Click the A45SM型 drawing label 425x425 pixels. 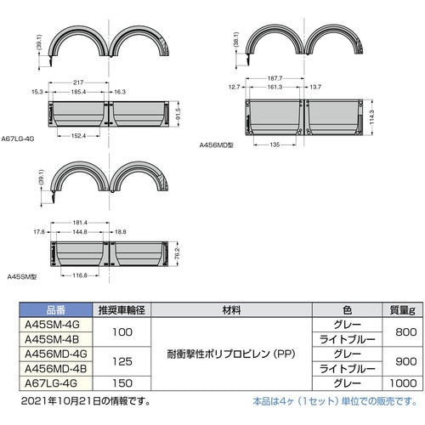click(20, 276)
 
